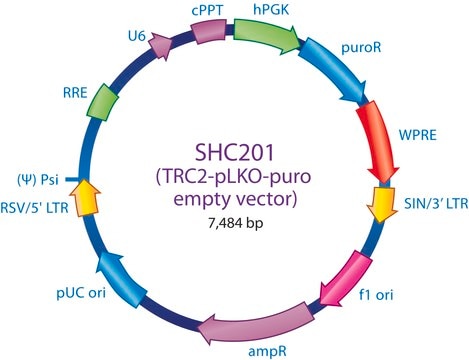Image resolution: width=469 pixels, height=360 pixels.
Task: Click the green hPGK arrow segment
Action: click(265, 35)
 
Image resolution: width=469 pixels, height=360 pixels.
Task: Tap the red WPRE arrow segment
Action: click(378, 140)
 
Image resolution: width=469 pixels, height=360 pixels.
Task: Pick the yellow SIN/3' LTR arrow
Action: click(382, 203)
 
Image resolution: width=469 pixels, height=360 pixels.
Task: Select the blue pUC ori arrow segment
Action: click(122, 278)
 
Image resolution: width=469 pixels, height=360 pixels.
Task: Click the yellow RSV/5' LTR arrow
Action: click(86, 197)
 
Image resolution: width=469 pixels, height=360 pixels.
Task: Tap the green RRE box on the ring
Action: click(103, 102)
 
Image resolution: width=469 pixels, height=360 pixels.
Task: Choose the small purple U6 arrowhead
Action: click(159, 46)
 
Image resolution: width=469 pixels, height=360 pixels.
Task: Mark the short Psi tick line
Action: click(72, 180)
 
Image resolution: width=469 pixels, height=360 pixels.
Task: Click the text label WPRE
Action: click(418, 135)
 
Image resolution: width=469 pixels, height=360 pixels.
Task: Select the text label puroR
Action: click(361, 48)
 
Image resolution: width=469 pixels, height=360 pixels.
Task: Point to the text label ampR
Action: click(267, 351)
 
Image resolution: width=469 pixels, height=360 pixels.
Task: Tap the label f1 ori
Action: click(376, 295)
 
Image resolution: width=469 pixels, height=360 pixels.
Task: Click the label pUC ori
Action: click(81, 293)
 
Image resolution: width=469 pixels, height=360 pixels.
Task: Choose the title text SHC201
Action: click(234, 153)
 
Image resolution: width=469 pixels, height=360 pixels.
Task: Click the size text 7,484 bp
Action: click(236, 223)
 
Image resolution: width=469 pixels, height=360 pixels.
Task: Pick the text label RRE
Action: click(75, 93)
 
